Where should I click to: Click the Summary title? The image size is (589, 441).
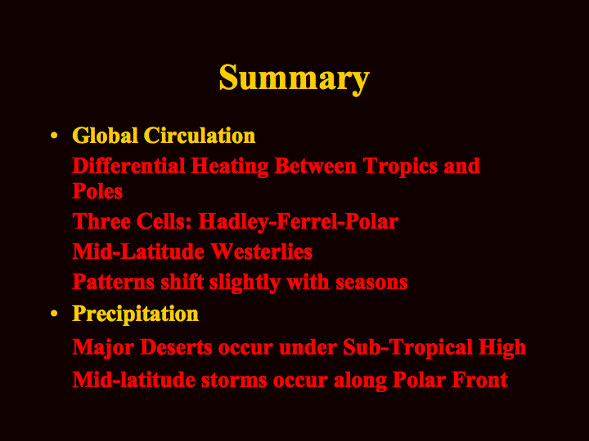294,78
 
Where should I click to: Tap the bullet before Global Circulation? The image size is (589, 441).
54,135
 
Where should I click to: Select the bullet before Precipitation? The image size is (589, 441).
54,314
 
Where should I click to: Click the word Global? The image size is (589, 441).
105,136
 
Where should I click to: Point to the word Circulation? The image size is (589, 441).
200,136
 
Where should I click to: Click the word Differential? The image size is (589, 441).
128,166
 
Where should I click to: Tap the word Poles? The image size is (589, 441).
97,191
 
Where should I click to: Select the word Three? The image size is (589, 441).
101,220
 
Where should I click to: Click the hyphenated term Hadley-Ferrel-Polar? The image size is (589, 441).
299,222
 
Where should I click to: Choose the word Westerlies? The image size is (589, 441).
262,252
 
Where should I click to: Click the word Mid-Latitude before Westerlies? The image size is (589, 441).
138,252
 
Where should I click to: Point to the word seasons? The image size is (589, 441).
371,283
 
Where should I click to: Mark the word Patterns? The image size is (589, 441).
114,282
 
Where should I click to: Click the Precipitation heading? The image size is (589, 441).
135,314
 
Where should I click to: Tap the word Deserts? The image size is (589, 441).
176,346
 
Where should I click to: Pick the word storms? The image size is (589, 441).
234,381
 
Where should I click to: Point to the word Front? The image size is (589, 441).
480,380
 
